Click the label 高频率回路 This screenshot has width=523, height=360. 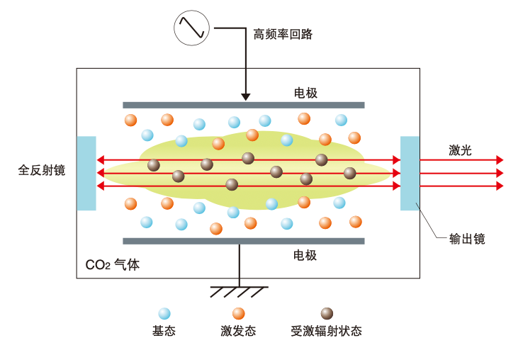pyautogui.click(x=283, y=34)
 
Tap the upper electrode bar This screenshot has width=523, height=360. pyautogui.click(x=243, y=105)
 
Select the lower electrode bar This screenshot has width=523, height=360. pyautogui.click(x=243, y=241)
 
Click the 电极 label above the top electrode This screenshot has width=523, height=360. pyautogui.click(x=305, y=93)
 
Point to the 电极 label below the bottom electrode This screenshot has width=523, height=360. pyautogui.click(x=305, y=255)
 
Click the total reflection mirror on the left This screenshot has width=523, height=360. pyautogui.click(x=86, y=173)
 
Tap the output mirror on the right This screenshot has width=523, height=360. pyautogui.click(x=410, y=173)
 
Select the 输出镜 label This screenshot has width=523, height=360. pyautogui.click(x=468, y=239)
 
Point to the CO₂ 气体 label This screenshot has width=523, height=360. pyautogui.click(x=113, y=265)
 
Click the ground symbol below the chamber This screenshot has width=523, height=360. pyautogui.click(x=239, y=291)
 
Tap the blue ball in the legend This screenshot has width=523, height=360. pyautogui.click(x=164, y=313)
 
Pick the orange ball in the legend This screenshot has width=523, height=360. pyautogui.click(x=238, y=313)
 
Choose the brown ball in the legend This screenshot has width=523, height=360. pyautogui.click(x=327, y=313)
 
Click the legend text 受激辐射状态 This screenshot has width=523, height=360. pyautogui.click(x=326, y=331)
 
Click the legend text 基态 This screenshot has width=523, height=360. pyautogui.click(x=164, y=331)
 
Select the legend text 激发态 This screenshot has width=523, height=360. pyautogui.click(x=238, y=331)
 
